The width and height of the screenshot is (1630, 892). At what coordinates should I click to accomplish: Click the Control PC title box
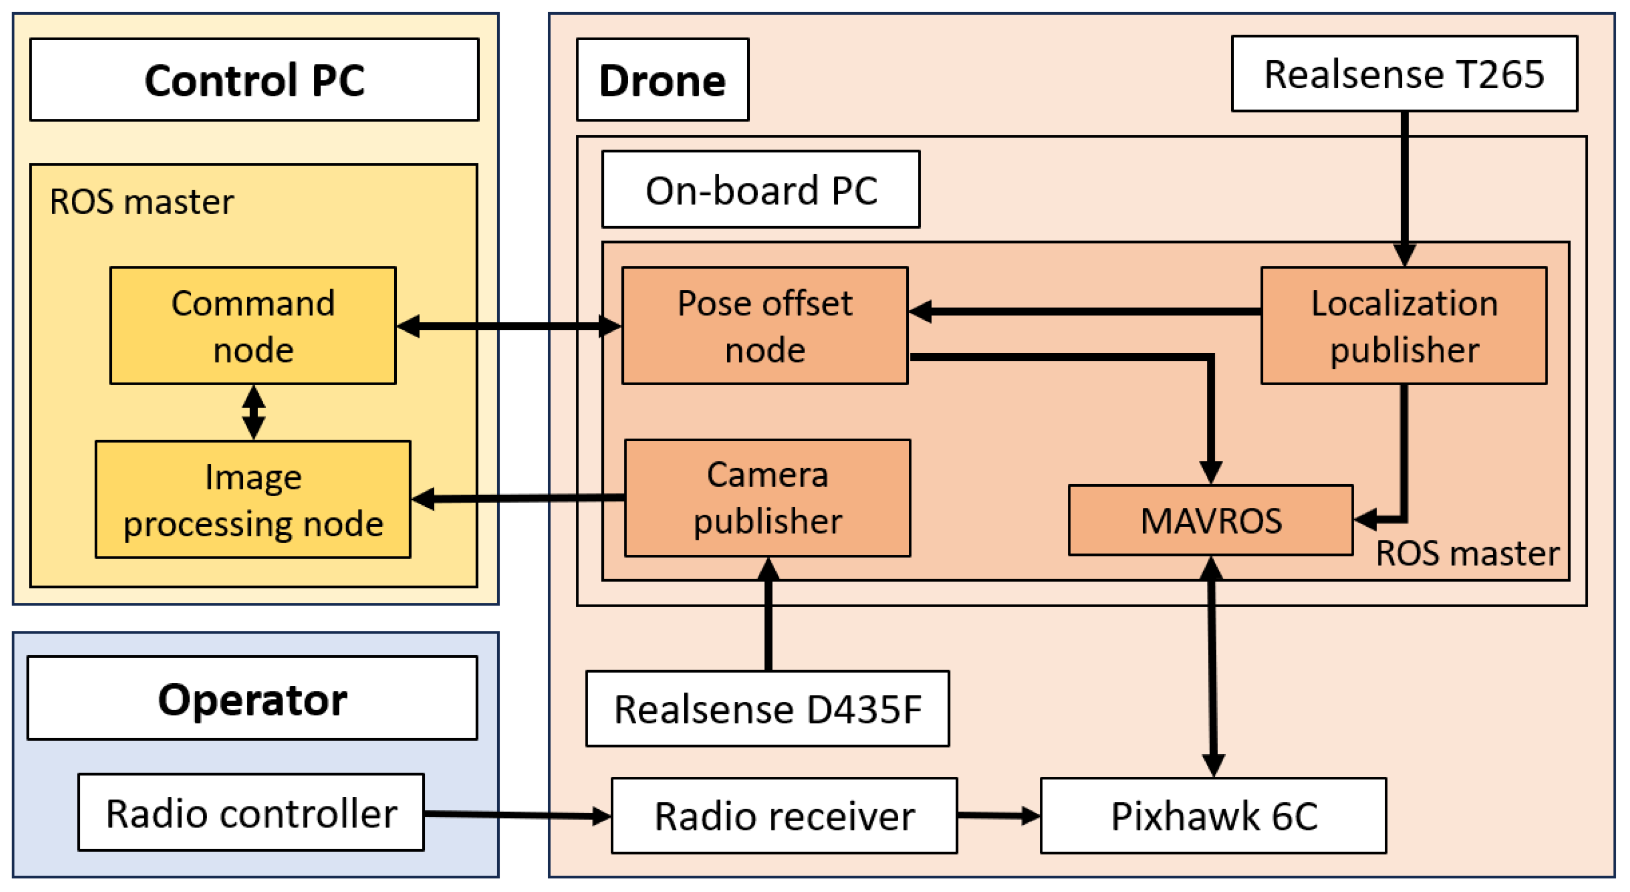pos(254,80)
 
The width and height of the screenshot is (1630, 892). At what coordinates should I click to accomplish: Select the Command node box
pos(253,326)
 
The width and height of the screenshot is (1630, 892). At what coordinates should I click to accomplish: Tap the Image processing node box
pos(253,499)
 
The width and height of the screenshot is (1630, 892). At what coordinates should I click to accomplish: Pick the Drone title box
pos(663,80)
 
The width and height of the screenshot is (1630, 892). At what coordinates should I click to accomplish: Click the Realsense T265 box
pos(1404,74)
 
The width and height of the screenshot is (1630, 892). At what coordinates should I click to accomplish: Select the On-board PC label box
pos(761,189)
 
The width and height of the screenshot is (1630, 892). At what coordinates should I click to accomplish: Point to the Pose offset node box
pos(765,326)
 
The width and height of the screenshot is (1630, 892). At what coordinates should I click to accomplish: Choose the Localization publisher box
pos(1404,326)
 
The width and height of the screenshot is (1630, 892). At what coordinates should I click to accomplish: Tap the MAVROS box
pos(1210,521)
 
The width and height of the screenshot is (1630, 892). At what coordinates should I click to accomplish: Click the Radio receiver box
pos(784,815)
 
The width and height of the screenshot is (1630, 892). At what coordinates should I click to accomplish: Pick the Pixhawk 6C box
pos(1213,815)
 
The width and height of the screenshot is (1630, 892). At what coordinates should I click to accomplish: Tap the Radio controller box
pos(250,812)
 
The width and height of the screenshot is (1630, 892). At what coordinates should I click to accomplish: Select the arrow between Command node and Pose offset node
pos(509,326)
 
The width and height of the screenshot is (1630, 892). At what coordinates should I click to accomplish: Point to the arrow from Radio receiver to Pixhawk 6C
pos(999,815)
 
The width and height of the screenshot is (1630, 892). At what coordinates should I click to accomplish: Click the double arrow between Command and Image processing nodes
pos(254,413)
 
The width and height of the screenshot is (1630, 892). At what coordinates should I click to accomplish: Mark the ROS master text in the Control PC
pos(142,202)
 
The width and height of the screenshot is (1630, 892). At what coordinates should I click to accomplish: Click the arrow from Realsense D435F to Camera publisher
pos(768,614)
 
